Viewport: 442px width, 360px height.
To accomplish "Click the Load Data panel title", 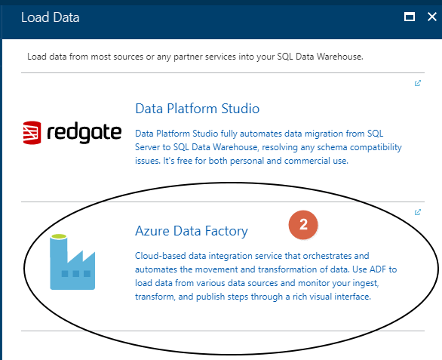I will pos(51,17).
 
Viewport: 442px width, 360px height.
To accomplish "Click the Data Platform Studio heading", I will pos(198,108).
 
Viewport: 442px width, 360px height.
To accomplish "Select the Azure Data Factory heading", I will pos(191,230).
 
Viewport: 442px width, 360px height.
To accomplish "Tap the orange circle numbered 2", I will pos(303,224).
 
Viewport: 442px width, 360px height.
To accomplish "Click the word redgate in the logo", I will pos(84,133).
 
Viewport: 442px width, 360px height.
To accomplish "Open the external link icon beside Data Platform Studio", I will pos(418,84).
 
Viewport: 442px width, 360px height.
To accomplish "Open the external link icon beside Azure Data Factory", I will pos(418,212).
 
